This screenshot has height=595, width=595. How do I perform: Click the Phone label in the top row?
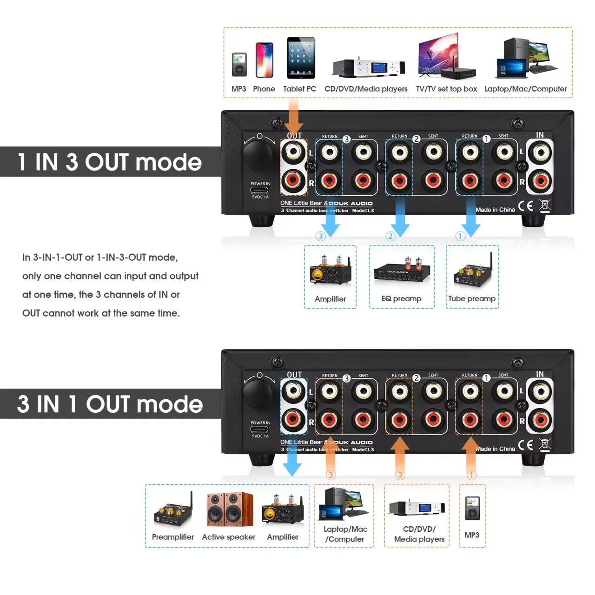click(264, 89)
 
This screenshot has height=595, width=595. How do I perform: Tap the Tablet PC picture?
click(301, 58)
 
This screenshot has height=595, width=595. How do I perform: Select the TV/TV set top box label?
click(446, 89)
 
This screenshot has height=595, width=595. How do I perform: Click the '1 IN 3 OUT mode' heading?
click(110, 162)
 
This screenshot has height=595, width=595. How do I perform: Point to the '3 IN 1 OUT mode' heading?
click(110, 404)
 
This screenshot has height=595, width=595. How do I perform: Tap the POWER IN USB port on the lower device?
click(260, 429)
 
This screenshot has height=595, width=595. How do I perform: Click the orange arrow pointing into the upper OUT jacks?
click(294, 116)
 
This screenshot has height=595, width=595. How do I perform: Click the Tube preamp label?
click(472, 298)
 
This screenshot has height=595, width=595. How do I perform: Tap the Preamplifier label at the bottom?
click(172, 537)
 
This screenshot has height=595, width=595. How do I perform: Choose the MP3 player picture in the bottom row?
click(472, 509)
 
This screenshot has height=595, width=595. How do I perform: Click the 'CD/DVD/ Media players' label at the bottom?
click(419, 534)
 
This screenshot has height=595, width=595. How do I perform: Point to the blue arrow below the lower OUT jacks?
click(292, 463)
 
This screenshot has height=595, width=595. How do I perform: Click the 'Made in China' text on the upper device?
click(495, 210)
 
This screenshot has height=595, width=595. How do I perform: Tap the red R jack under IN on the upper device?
click(540, 181)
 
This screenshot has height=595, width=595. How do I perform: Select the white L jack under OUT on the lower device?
click(293, 391)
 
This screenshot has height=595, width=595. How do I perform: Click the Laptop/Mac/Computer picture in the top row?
click(526, 58)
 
